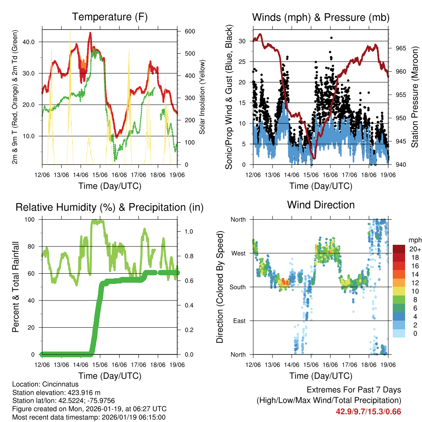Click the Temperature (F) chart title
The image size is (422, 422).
coord(110,17)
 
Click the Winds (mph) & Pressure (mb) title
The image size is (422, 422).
coord(321,17)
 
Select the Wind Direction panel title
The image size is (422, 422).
coord(321,204)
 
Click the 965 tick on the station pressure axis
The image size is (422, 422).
coord(401,48)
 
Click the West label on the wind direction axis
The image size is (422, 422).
coord(239,253)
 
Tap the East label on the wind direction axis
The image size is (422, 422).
coord(239,321)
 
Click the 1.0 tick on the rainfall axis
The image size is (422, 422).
coord(188,231)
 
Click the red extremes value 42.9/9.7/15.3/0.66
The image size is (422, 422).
coord(368,412)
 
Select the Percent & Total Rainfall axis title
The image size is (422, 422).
coord(16,287)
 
